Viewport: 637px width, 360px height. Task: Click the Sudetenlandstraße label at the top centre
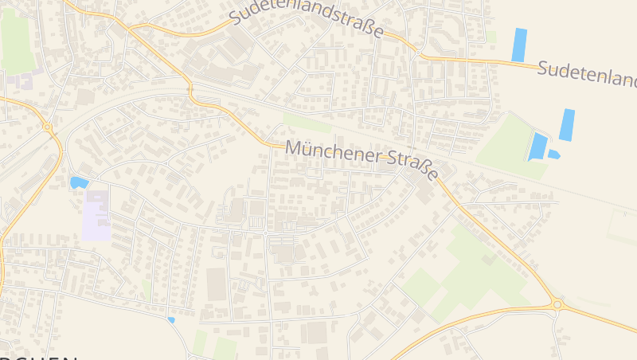[x=307, y=21]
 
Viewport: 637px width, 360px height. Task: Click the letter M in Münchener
[x=293, y=147]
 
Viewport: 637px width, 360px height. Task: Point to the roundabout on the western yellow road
[x=48, y=127]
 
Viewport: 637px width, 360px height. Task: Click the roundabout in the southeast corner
[x=557, y=304]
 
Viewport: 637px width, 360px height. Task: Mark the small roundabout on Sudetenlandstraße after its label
[x=417, y=53]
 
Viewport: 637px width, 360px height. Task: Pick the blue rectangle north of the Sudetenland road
[x=519, y=45]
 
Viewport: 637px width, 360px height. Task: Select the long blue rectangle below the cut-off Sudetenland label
[x=567, y=125]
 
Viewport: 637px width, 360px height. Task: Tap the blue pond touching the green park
[x=538, y=147]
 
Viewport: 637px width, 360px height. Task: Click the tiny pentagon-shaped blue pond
[x=553, y=155]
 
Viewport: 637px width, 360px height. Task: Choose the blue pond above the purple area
[x=79, y=182]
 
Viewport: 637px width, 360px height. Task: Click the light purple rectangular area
[x=96, y=215]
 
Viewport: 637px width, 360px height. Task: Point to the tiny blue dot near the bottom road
[x=171, y=320]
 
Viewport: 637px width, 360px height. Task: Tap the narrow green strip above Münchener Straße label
[x=307, y=124]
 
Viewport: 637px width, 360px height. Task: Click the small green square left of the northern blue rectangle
[x=491, y=37]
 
